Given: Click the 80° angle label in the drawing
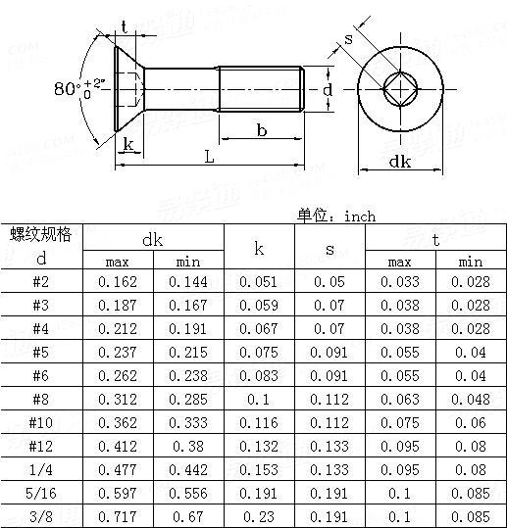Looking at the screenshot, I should click(71, 89).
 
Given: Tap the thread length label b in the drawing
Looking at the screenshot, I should click(262, 129).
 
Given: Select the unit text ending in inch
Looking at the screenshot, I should click(335, 216).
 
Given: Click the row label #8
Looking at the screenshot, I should click(41, 400).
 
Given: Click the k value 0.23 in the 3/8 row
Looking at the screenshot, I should click(258, 514).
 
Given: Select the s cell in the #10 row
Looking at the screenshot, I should click(330, 422).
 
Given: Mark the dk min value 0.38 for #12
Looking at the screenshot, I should click(188, 446).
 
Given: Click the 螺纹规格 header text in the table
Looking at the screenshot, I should click(41, 233).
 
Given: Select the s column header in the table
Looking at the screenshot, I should click(330, 249).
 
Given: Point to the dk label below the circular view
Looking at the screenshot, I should click(399, 163).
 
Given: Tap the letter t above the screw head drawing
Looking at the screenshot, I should click(123, 26).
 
